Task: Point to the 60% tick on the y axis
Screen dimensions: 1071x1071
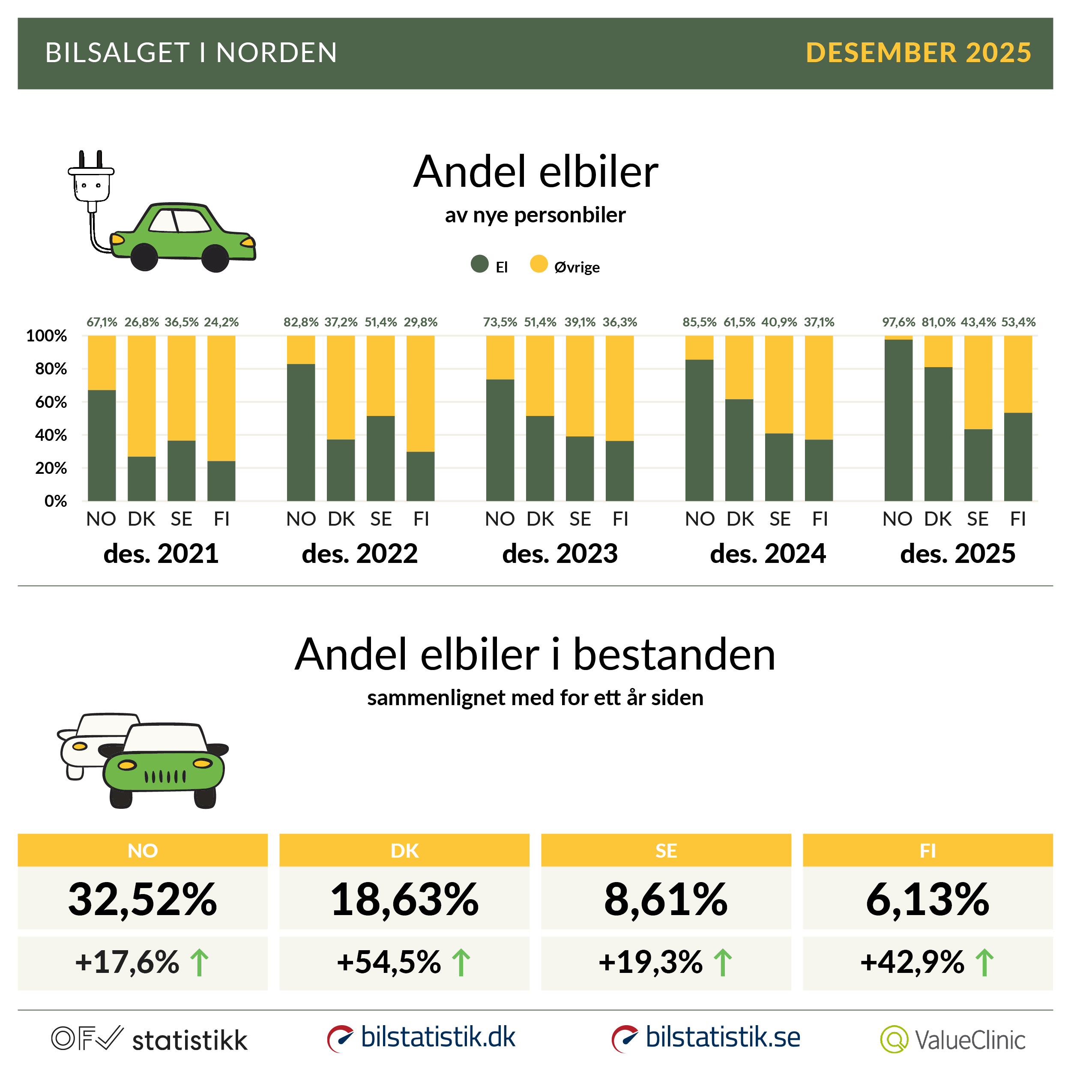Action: pos(51,402)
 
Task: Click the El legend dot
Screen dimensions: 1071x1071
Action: pos(479,264)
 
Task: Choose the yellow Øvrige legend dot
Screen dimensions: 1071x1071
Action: pos(538,264)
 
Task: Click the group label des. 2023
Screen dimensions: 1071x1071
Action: pos(559,553)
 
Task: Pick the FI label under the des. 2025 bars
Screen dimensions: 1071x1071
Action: pos(1018,519)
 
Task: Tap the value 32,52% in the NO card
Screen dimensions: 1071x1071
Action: pos(143,899)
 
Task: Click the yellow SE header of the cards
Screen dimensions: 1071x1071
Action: pos(666,850)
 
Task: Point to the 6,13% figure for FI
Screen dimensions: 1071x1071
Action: pos(927,899)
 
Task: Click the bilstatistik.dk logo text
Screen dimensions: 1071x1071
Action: pos(437,1037)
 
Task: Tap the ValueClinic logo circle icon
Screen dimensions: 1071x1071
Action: pos(894,1039)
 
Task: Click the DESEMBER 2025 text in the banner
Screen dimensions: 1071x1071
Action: pos(918,53)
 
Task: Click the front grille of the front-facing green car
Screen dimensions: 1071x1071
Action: pos(165,776)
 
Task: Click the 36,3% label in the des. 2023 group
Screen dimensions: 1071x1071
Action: pos(620,322)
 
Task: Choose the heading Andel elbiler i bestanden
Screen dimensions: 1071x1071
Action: pos(535,654)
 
